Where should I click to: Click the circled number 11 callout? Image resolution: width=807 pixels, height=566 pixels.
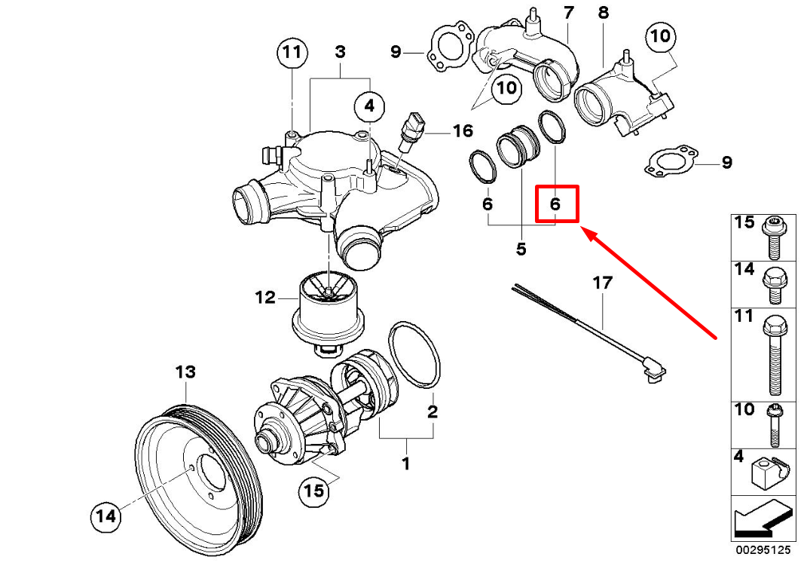coord(292,53)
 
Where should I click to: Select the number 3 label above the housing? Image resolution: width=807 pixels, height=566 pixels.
coord(340,52)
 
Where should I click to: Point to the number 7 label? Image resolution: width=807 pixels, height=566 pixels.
coord(568,13)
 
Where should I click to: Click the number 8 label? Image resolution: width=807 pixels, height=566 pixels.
coord(603,13)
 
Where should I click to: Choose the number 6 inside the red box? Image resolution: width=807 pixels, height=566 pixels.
coord(555,203)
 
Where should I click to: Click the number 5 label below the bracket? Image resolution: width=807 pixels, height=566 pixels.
coord(521,249)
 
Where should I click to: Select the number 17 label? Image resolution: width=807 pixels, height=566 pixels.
coord(603,283)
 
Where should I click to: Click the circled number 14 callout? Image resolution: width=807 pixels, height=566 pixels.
coord(106,516)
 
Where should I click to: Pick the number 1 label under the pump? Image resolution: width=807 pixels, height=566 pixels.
coord(405,464)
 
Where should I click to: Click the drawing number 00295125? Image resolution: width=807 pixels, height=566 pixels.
coord(764,552)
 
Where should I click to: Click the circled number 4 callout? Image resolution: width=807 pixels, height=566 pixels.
coord(368,106)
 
